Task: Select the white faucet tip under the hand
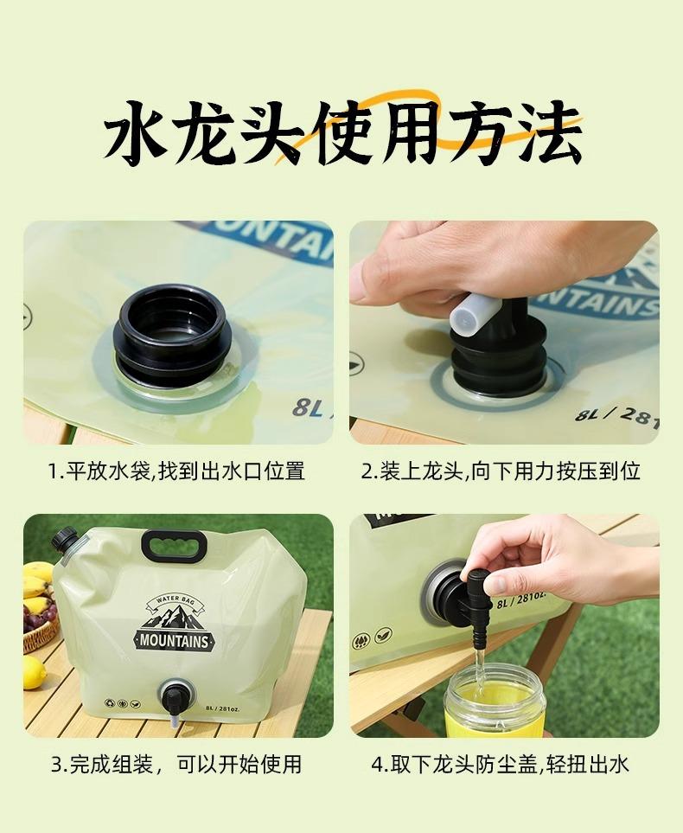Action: [476, 314]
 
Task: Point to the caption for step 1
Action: [177, 471]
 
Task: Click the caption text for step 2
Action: [501, 471]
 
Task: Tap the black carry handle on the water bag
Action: [174, 546]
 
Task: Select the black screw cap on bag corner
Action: [66, 538]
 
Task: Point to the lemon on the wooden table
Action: [34, 673]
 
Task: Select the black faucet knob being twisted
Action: [478, 585]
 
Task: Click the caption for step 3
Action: [177, 764]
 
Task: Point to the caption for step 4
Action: [500, 764]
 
